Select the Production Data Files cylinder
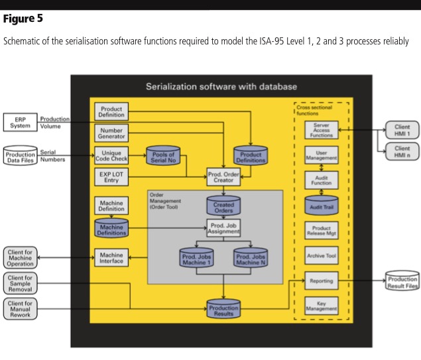(20, 156)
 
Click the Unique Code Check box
(111, 156)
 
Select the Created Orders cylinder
(223, 206)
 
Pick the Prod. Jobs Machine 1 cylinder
(196, 258)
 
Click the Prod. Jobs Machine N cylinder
(251, 258)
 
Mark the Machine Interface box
(111, 258)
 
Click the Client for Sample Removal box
(21, 283)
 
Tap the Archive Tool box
(322, 256)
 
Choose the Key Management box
(322, 306)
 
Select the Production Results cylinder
(223, 308)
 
